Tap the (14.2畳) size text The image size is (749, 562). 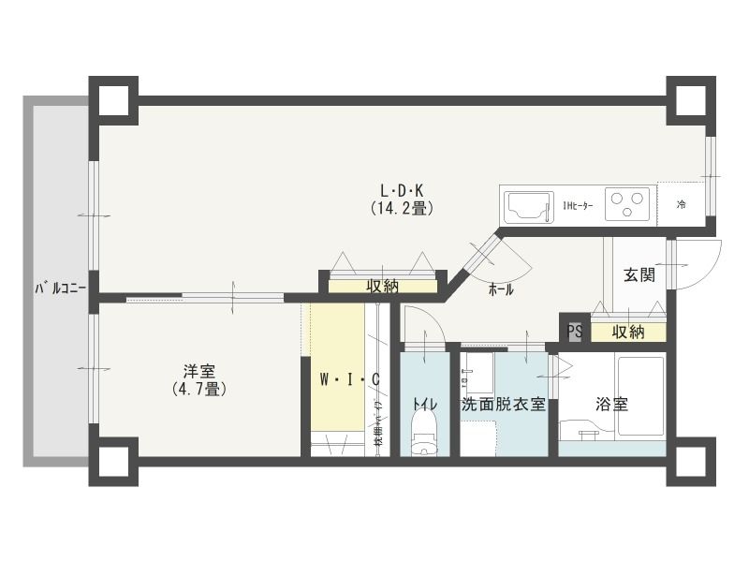(401, 209)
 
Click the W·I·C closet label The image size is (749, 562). (349, 379)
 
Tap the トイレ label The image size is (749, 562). (424, 405)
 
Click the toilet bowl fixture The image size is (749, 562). (424, 436)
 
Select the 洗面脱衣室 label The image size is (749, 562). (503, 405)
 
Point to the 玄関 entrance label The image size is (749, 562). (639, 275)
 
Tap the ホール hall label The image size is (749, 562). (500, 290)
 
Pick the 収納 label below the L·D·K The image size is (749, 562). (382, 286)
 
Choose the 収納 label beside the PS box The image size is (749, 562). (628, 332)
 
